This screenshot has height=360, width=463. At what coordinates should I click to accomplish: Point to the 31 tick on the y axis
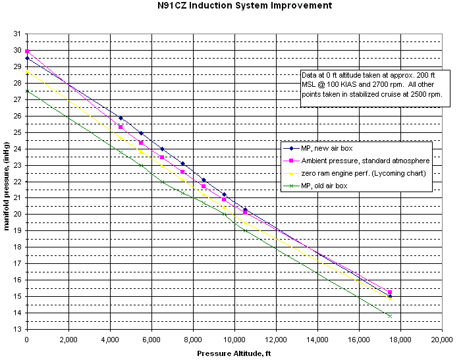pyautogui.click(x=17, y=34)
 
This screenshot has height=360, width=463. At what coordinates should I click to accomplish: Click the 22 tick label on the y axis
pyautogui.click(x=17, y=181)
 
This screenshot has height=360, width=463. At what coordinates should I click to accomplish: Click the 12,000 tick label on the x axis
pyautogui.click(x=275, y=340)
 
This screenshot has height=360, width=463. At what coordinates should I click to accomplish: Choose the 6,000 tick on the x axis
pyautogui.click(x=151, y=340)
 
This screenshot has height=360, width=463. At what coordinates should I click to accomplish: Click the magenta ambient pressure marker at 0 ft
pyautogui.click(x=27, y=51)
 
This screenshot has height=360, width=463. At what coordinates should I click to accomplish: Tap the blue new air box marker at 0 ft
pyautogui.click(x=27, y=59)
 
